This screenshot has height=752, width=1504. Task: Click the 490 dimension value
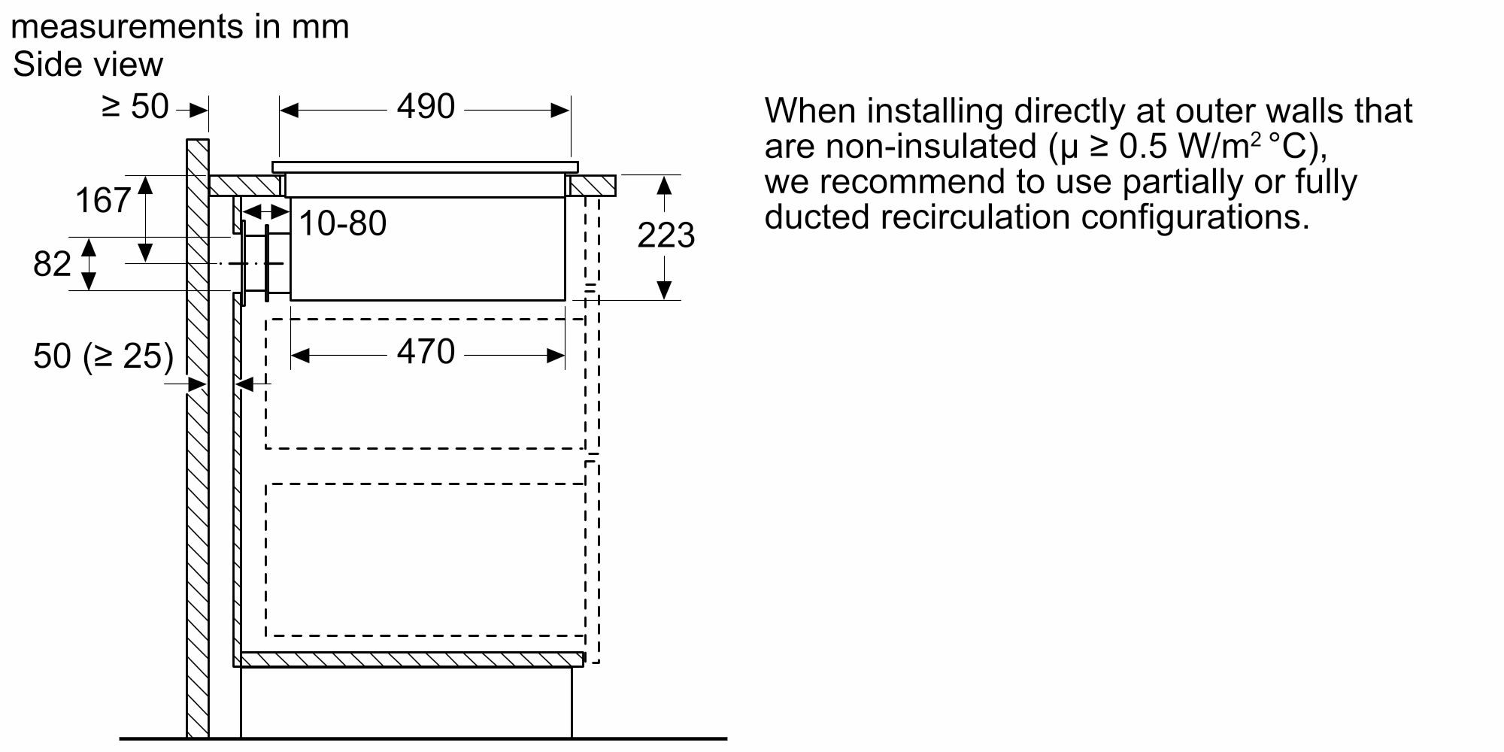click(426, 107)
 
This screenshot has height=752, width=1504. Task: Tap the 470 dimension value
click(426, 352)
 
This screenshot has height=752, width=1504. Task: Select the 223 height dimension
click(666, 235)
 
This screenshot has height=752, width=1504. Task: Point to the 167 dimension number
click(103, 201)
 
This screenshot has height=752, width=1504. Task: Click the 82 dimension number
click(52, 264)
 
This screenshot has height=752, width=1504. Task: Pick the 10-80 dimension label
click(343, 223)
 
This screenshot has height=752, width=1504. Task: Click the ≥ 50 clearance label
click(135, 107)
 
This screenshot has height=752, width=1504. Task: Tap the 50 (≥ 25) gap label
click(103, 356)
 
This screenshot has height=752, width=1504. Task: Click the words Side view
click(87, 65)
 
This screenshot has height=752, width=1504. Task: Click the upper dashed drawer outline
click(425, 448)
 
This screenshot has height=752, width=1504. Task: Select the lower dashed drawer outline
click(425, 635)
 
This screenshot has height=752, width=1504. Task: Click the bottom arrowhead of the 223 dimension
click(664, 290)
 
